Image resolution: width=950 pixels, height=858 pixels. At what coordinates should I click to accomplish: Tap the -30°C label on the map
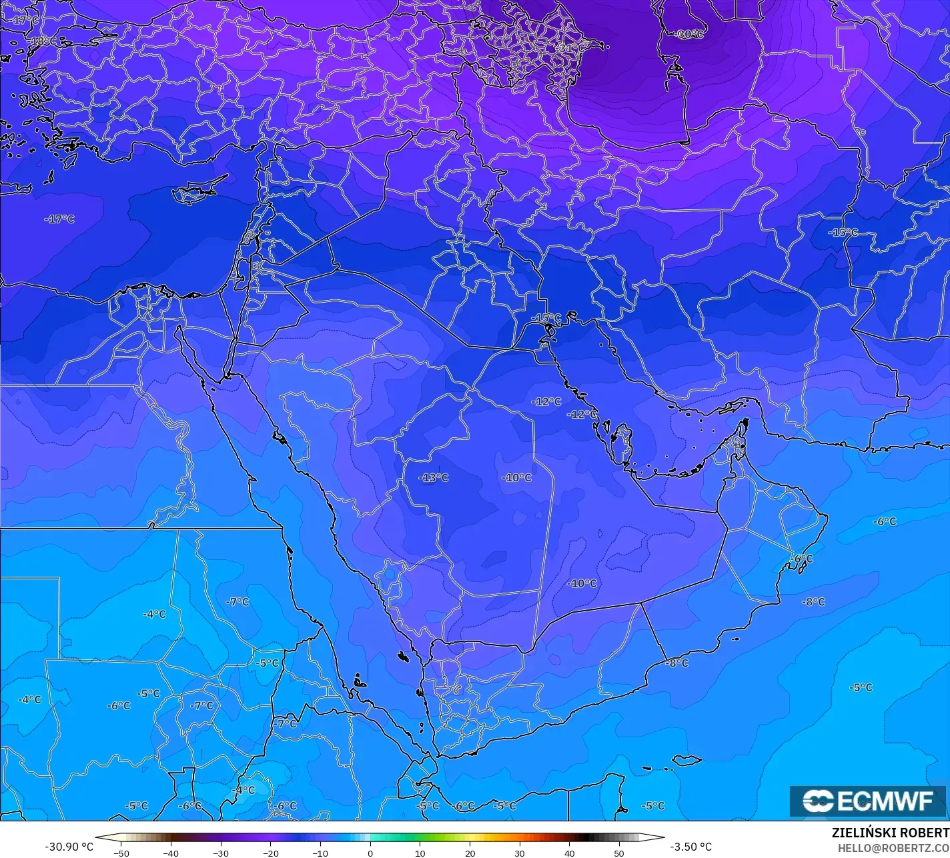pyautogui.click(x=690, y=34)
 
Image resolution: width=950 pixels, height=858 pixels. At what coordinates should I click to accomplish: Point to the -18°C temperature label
pyautogui.click(x=45, y=41)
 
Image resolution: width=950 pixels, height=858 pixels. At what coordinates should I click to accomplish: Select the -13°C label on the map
pyautogui.click(x=434, y=477)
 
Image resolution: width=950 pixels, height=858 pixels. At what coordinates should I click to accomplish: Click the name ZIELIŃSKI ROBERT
pyautogui.click(x=890, y=833)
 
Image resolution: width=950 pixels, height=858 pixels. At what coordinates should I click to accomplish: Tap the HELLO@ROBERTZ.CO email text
pyautogui.click(x=893, y=847)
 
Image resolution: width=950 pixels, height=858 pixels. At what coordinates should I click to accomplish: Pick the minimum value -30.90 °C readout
pyautogui.click(x=69, y=847)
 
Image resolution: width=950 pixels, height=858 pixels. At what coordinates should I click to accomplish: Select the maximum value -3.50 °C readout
pyautogui.click(x=690, y=847)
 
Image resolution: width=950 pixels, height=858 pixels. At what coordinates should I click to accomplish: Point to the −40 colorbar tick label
pyautogui.click(x=171, y=853)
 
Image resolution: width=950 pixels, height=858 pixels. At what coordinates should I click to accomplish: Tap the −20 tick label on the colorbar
pyautogui.click(x=270, y=853)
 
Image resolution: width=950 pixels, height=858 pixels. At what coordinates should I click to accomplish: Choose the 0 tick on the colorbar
pyautogui.click(x=370, y=853)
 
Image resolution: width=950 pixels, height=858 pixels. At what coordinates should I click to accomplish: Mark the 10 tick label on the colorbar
pyautogui.click(x=420, y=853)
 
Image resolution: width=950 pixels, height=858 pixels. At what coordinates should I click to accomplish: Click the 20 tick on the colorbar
pyautogui.click(x=470, y=853)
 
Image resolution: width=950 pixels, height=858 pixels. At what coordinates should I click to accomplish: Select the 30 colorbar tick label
pyautogui.click(x=520, y=853)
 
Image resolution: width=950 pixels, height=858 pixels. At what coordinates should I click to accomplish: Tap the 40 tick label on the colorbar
pyautogui.click(x=570, y=853)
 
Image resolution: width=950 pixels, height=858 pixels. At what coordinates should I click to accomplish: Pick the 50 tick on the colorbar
pyautogui.click(x=619, y=853)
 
